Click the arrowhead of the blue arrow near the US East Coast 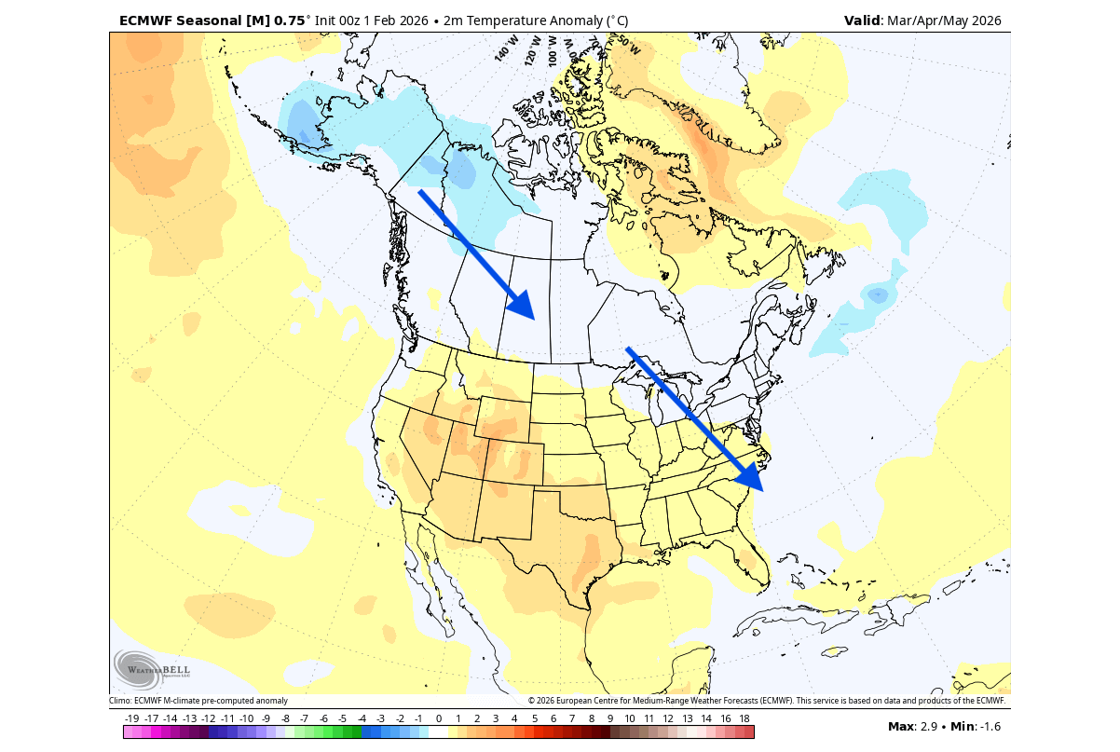750,476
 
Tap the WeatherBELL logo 151,669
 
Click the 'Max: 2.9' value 914,726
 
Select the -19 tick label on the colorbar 132,718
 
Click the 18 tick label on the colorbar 744,718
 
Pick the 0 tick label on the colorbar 438,718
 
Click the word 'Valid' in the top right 861,21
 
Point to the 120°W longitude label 533,49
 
